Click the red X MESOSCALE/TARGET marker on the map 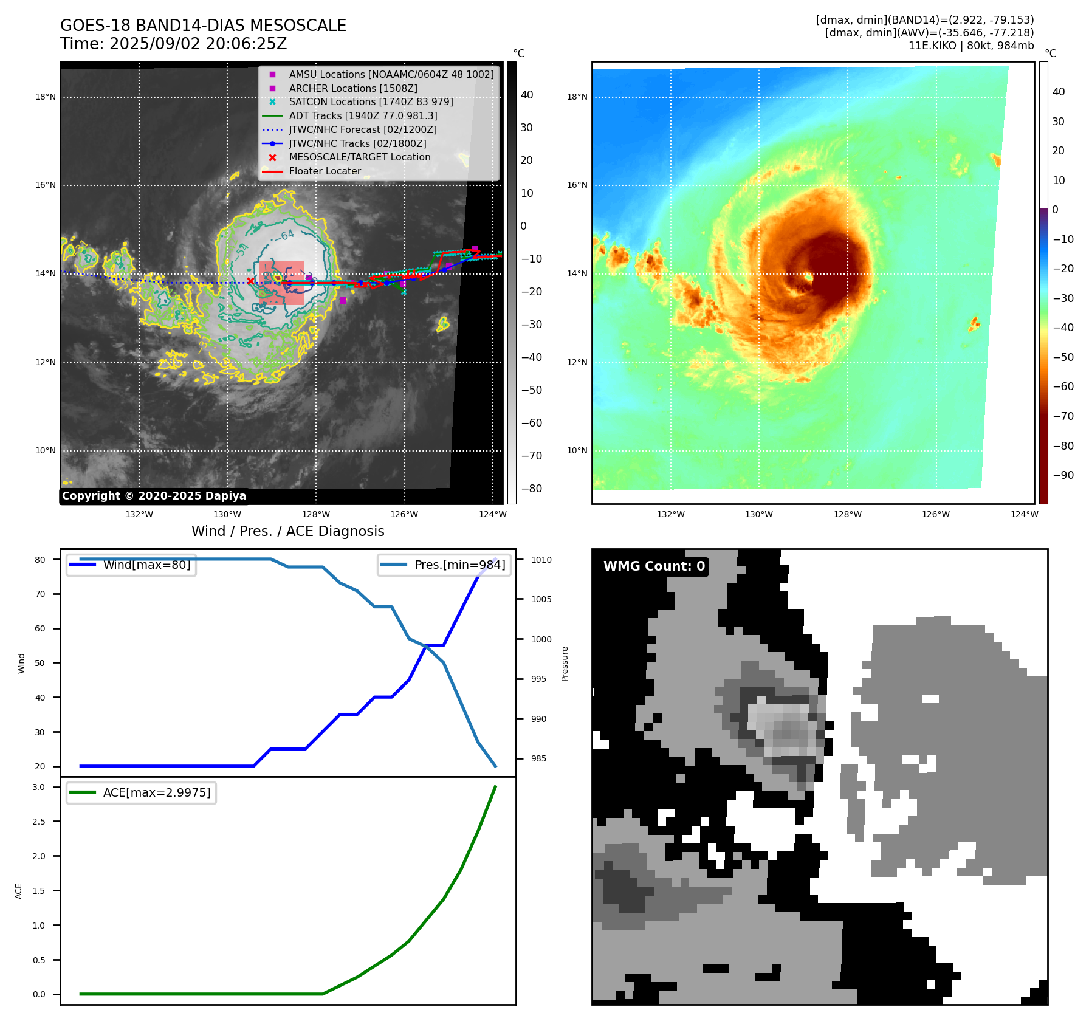(250, 281)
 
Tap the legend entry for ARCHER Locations (352, 88)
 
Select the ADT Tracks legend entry (363, 115)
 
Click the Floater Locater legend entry (325, 171)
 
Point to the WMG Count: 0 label (654, 566)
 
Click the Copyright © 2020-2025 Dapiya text (154, 496)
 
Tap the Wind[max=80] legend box (131, 565)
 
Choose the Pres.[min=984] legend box (444, 565)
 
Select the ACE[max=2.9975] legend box (142, 792)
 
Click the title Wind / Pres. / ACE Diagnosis (288, 531)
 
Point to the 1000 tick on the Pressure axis (541, 639)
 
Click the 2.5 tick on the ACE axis (39, 822)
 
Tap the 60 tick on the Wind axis (40, 628)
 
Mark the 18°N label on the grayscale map (46, 97)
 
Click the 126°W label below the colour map (936, 514)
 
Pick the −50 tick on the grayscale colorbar (531, 390)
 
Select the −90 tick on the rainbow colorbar (1063, 475)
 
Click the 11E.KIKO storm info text (970, 46)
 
